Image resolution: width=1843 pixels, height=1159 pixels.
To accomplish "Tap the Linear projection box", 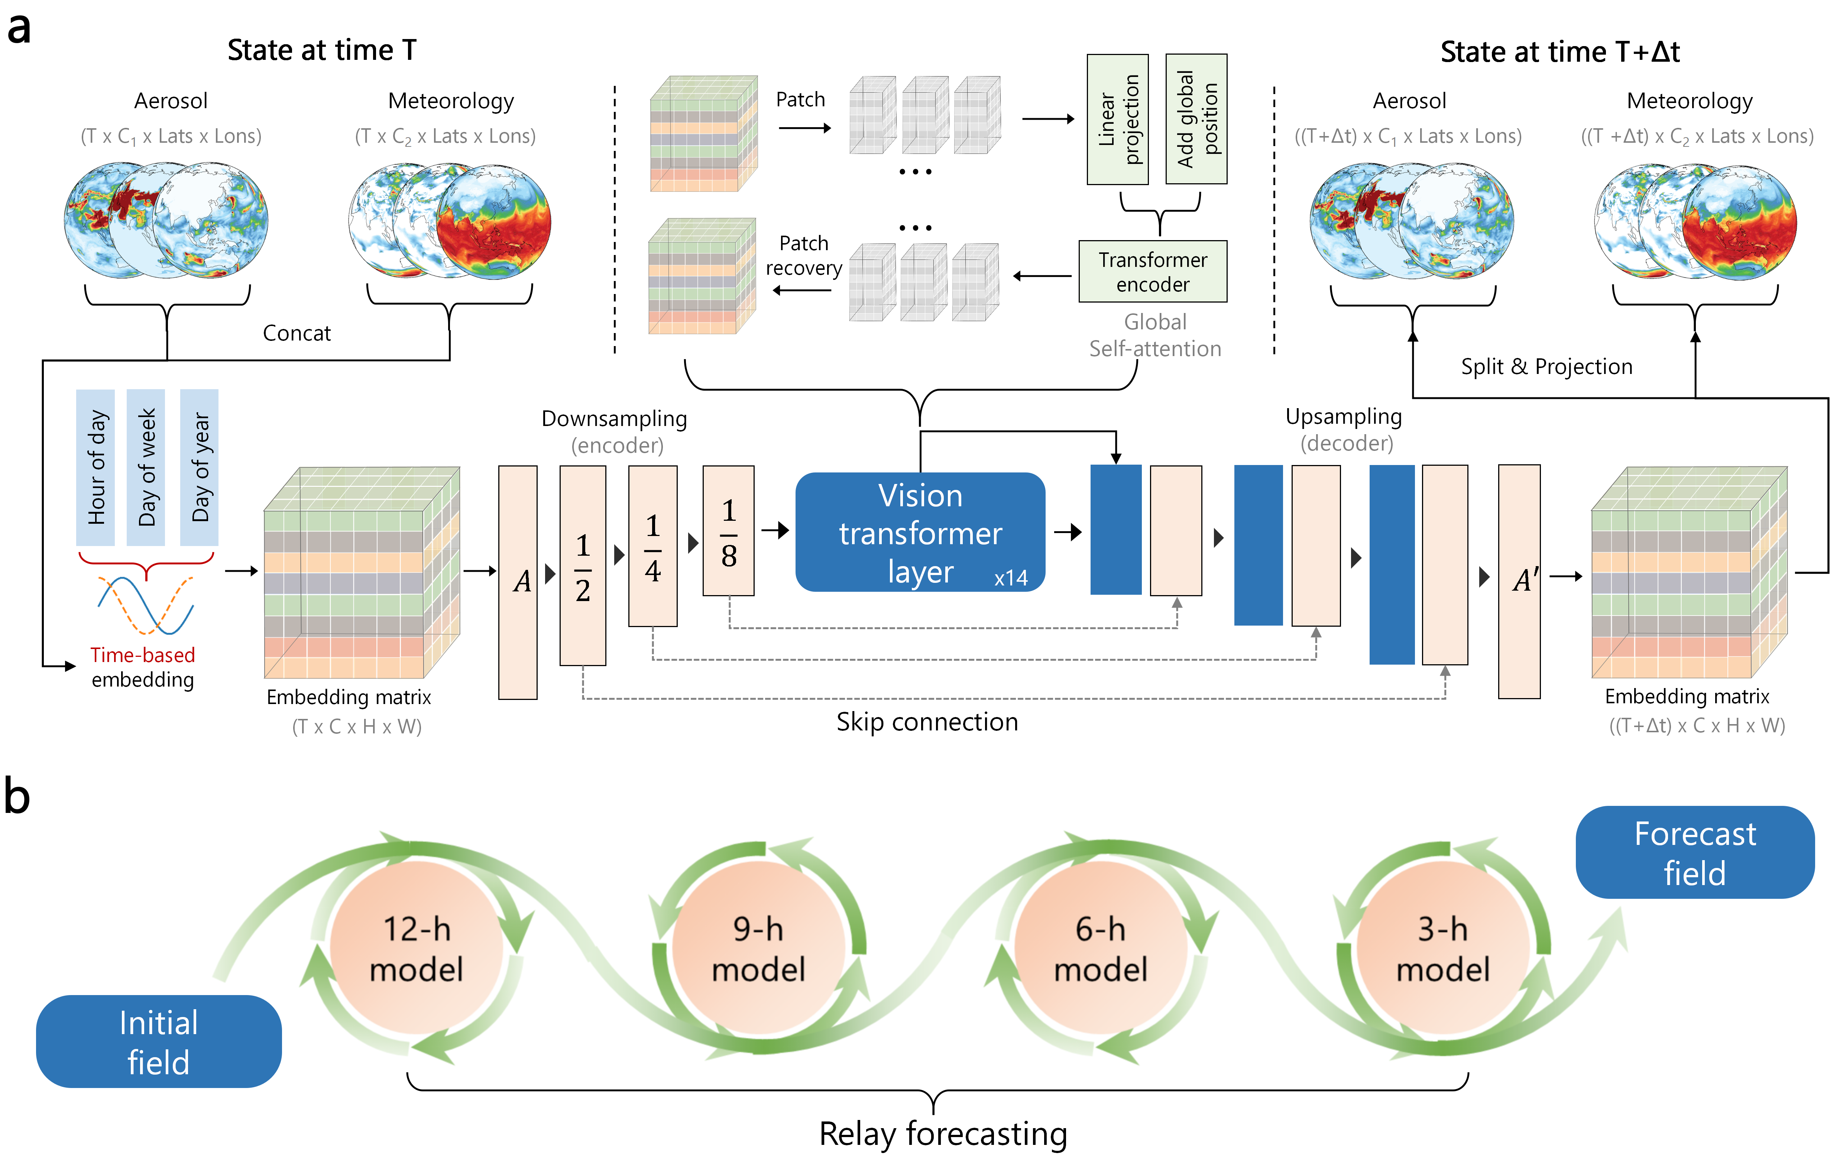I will (x=1117, y=119).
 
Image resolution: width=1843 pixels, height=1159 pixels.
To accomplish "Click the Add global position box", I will (x=1195, y=119).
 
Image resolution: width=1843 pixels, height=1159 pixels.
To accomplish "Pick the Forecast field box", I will (x=1694, y=852).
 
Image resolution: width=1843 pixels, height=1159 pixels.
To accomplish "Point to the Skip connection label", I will (x=927, y=722).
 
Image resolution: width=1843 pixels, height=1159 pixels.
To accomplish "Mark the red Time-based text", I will (x=142, y=655).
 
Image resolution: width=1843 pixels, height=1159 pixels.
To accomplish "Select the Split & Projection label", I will (x=1546, y=367).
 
